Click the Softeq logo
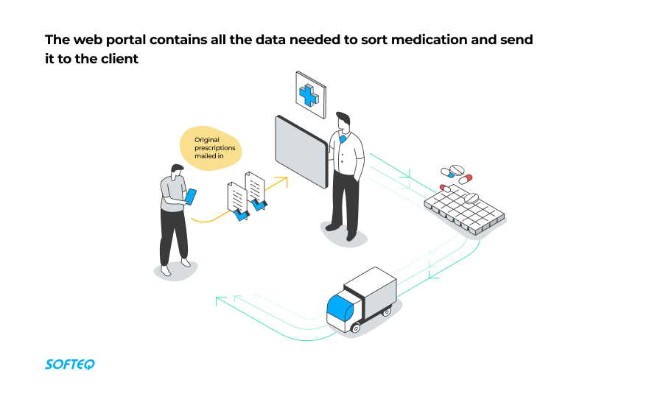coord(70,364)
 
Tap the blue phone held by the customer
coord(191,196)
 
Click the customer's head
coord(176,171)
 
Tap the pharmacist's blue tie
coord(343,139)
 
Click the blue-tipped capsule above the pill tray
coord(466,178)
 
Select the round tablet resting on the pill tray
coord(471,197)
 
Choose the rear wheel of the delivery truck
coord(387,313)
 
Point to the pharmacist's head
coord(343,120)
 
